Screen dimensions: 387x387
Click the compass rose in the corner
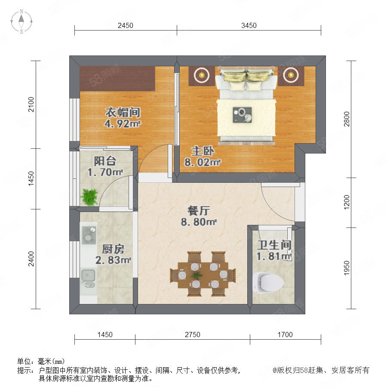[21, 21]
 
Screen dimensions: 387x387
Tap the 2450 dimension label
[126, 25]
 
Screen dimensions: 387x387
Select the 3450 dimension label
[249, 25]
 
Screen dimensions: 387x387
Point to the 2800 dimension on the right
[347, 119]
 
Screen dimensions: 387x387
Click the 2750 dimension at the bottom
[193, 335]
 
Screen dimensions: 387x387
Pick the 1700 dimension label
[285, 335]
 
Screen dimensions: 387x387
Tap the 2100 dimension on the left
[31, 104]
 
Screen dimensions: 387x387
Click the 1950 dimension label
[347, 268]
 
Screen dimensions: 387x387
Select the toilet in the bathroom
[268, 283]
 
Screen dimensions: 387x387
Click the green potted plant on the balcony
[89, 197]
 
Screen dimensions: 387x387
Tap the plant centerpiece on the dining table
[197, 275]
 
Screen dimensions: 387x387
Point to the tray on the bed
[242, 115]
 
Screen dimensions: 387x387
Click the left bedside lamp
[202, 75]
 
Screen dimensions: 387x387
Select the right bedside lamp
[291, 75]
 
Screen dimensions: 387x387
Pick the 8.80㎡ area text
[199, 222]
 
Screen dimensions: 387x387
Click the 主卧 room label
[203, 151]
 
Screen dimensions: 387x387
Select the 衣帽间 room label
[123, 113]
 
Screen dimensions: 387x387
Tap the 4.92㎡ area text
[123, 123]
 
